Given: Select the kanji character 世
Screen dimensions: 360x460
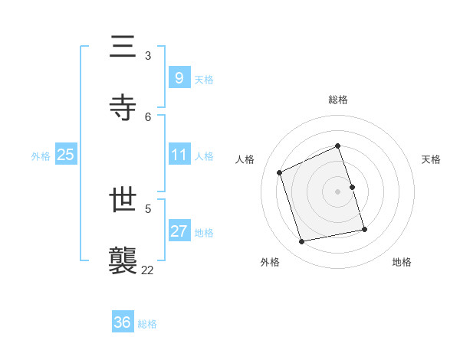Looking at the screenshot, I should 123,201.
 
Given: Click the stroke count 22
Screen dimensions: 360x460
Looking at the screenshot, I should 148,269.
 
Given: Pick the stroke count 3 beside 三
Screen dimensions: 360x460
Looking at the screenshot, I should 148,56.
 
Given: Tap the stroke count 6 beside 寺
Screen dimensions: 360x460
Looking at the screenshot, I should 148,116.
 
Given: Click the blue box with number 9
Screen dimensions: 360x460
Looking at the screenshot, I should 179,77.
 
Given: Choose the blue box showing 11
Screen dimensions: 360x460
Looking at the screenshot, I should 179,155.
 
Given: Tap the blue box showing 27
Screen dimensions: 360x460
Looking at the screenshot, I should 179,231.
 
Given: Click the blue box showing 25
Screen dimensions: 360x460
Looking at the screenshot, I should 65,155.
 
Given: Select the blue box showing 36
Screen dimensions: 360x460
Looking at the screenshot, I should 122,322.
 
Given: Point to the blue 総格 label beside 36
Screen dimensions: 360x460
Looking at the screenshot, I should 147,324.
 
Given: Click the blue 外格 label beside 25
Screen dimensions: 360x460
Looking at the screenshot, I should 41,156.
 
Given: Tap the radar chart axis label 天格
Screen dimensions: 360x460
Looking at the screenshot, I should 432,159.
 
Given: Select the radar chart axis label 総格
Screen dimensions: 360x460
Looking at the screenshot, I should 338,100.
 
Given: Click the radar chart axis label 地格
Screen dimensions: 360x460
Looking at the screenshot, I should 402,262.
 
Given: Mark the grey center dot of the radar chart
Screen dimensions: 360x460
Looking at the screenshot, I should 338,191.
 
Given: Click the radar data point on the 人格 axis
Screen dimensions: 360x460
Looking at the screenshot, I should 280,172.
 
